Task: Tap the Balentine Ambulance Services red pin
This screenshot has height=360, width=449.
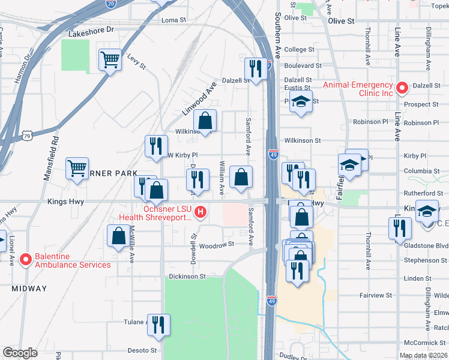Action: (25, 260)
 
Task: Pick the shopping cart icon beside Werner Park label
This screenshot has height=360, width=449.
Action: (77, 169)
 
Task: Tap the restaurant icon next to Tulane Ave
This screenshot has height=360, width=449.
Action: (158, 325)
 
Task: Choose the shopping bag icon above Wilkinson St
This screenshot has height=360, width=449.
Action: (205, 121)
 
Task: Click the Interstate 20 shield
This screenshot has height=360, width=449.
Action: (110, 3)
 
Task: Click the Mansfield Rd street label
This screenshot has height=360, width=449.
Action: (55, 160)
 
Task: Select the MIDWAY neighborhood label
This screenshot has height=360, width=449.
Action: (29, 289)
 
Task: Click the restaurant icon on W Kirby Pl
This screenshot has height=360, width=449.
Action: (155, 146)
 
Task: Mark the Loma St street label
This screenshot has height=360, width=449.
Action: (173, 20)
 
